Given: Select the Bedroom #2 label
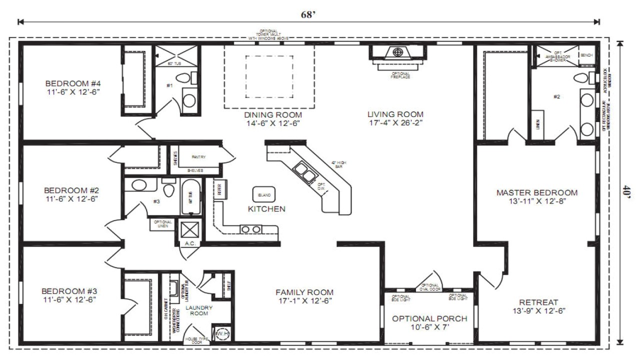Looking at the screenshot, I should click(x=71, y=190).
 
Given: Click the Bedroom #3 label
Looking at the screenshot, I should click(x=68, y=291).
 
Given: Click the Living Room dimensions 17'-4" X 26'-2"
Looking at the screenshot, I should click(x=395, y=123).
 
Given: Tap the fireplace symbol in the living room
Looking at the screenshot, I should click(x=398, y=52).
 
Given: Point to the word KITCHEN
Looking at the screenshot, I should click(x=266, y=209).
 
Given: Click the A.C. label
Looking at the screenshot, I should click(x=189, y=243).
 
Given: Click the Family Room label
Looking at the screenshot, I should click(x=304, y=292).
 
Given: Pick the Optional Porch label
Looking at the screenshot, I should click(x=429, y=318).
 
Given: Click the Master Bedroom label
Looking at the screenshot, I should click(x=536, y=192).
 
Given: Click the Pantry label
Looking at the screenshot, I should click(x=198, y=157).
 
